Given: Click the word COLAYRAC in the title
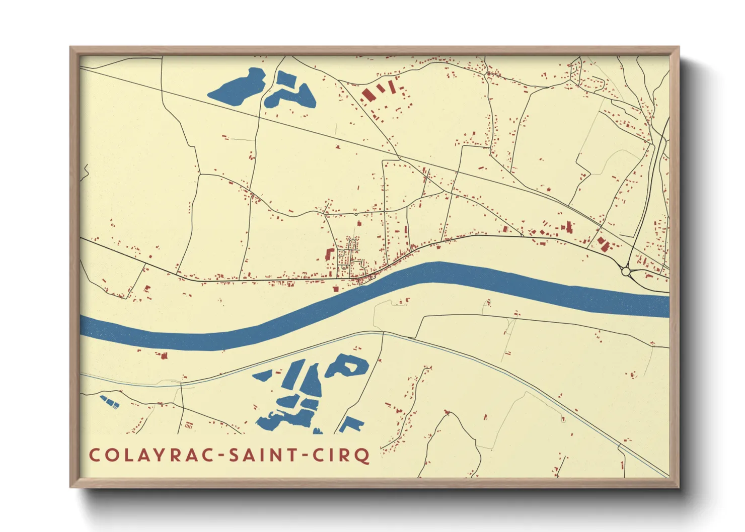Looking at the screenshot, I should click(x=152, y=455).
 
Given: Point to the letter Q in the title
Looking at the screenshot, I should click(x=362, y=456).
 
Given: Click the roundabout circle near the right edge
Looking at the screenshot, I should click(x=626, y=272).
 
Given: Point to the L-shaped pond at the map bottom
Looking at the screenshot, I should click(x=351, y=425).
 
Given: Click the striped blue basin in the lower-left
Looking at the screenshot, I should click(x=110, y=401).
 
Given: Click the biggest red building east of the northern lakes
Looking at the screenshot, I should click(x=367, y=95).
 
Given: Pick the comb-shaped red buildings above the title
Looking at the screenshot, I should click(x=189, y=426).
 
